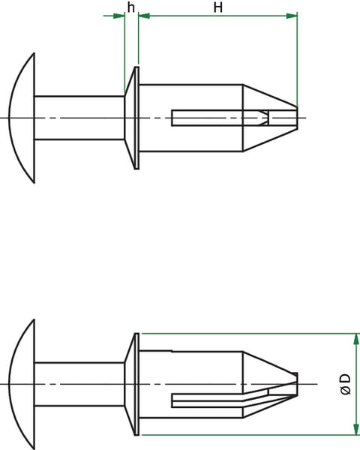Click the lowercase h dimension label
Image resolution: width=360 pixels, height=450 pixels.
click(131, 7)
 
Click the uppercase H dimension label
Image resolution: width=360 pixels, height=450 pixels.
click(218, 7)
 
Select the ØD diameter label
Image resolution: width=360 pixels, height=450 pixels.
click(345, 384)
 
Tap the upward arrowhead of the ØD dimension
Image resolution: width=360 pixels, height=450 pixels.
click(356, 340)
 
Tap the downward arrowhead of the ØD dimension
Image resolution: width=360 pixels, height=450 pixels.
click(356, 428)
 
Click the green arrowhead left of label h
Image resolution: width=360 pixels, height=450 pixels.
click(118, 16)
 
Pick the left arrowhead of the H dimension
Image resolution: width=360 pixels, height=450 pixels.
click(145, 16)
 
